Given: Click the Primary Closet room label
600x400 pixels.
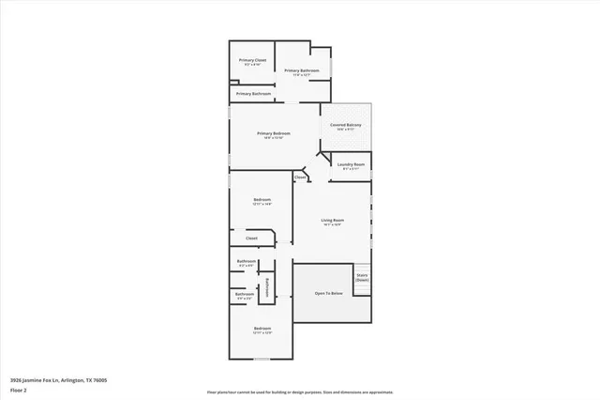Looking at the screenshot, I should (253, 60).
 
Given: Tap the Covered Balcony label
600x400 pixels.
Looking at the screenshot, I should (347, 125).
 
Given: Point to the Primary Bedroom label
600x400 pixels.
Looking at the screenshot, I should (274, 134).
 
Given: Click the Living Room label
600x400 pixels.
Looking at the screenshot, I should (332, 222).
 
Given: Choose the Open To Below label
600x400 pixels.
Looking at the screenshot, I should (328, 294).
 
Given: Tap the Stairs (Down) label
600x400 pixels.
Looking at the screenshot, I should (362, 277).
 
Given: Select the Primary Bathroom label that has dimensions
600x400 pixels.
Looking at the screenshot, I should (302, 71).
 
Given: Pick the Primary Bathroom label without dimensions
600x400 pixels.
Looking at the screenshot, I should (254, 94).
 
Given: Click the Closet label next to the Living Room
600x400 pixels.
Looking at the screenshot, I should (301, 177).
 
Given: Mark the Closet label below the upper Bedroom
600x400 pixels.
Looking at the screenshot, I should (251, 238).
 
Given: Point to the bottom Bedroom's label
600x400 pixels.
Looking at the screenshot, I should (262, 329).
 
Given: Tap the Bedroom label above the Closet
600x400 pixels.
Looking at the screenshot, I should (262, 200).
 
